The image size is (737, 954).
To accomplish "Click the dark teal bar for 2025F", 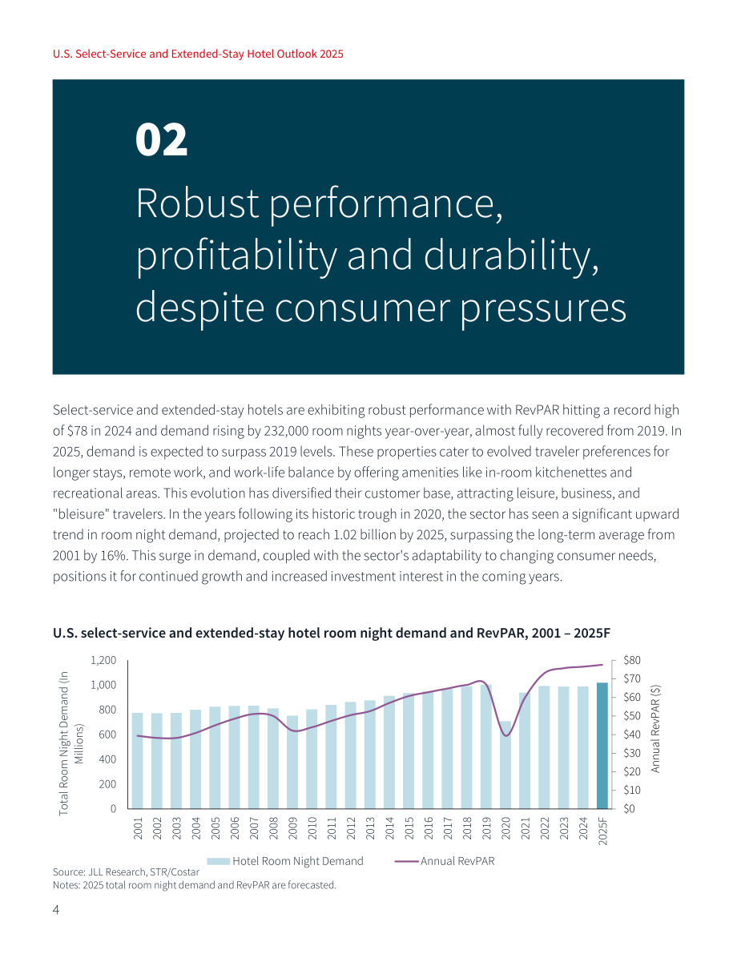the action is click(602, 745).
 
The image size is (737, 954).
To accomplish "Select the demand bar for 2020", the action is click(505, 765).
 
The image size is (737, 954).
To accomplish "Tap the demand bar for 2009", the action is click(292, 762).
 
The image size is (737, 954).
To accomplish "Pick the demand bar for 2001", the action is click(138, 760).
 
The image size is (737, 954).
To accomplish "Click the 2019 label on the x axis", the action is click(486, 829).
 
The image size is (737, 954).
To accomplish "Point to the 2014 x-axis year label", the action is click(389, 829).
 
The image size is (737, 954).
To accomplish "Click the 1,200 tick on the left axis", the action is click(103, 660).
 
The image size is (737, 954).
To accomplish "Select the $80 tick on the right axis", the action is click(632, 660).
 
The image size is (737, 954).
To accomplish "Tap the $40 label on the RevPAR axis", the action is click(632, 735).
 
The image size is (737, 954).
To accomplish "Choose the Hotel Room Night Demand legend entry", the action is click(285, 861).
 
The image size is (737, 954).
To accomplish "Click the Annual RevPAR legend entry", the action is click(445, 861).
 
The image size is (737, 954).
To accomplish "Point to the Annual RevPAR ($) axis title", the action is click(655, 729).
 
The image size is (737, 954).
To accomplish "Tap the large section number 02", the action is click(161, 140).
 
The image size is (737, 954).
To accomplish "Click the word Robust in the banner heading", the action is click(198, 203).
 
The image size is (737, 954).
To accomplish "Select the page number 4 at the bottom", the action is click(56, 910).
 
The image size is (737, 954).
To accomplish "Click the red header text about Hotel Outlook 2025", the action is click(198, 54).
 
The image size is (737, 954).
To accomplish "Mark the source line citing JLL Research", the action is click(126, 871).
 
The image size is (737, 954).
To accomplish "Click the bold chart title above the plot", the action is click(331, 634).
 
